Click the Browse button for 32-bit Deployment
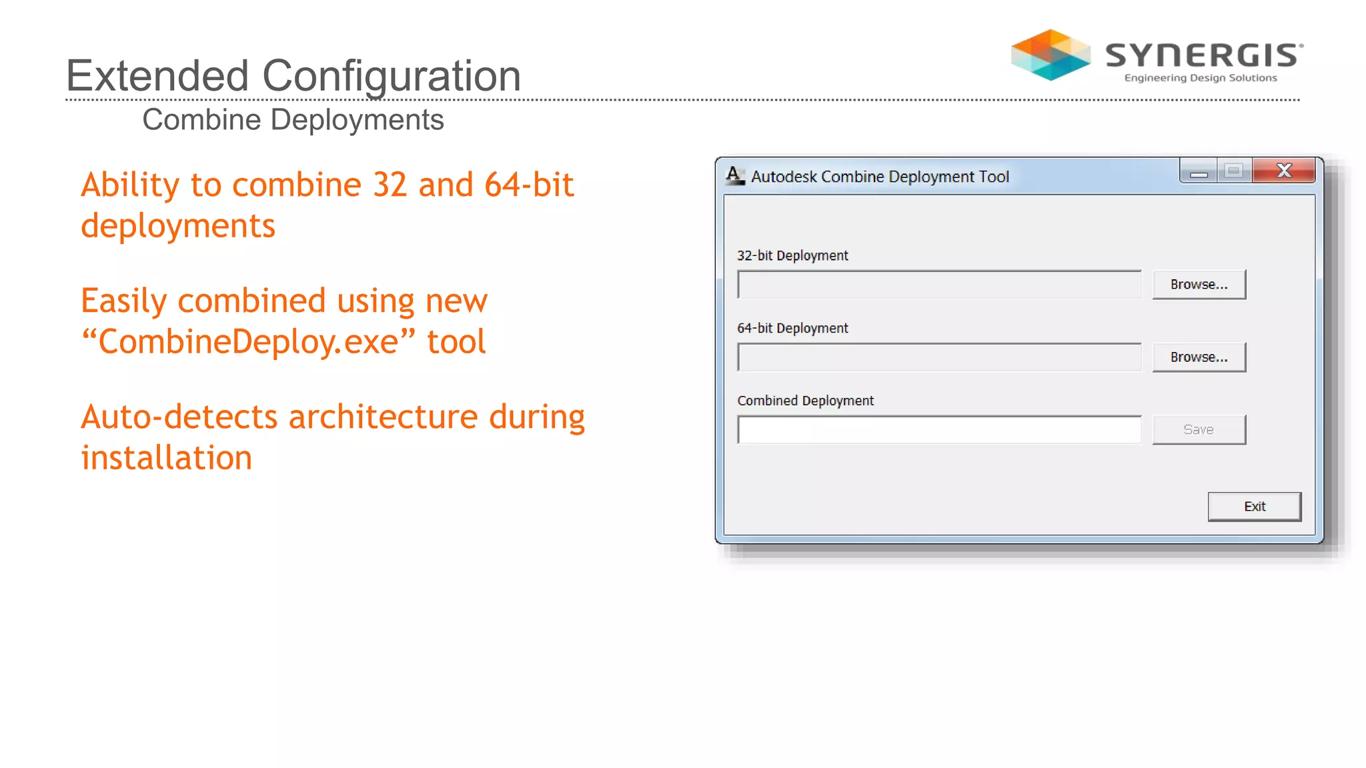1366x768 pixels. tap(1199, 285)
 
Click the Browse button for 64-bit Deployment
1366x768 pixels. tap(1199, 357)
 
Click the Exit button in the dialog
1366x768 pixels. tap(1254, 507)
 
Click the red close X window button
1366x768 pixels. tap(1283, 171)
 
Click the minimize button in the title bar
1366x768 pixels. tap(1198, 171)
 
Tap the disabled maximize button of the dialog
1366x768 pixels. tap(1233, 171)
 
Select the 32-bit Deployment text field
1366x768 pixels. tap(939, 285)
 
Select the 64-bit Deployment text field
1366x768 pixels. tap(939, 357)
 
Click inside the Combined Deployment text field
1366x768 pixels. tap(939, 430)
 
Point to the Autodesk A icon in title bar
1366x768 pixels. tap(734, 176)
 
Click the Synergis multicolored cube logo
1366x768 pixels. tap(1051, 55)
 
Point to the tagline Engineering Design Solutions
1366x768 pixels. tap(1200, 78)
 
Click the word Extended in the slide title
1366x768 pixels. tap(157, 75)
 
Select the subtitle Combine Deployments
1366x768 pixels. tap(293, 120)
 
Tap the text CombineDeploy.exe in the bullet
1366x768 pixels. tap(248, 342)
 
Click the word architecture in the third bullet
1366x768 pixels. tap(383, 417)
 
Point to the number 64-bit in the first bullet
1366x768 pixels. tap(528, 185)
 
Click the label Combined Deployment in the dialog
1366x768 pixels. tap(805, 401)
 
